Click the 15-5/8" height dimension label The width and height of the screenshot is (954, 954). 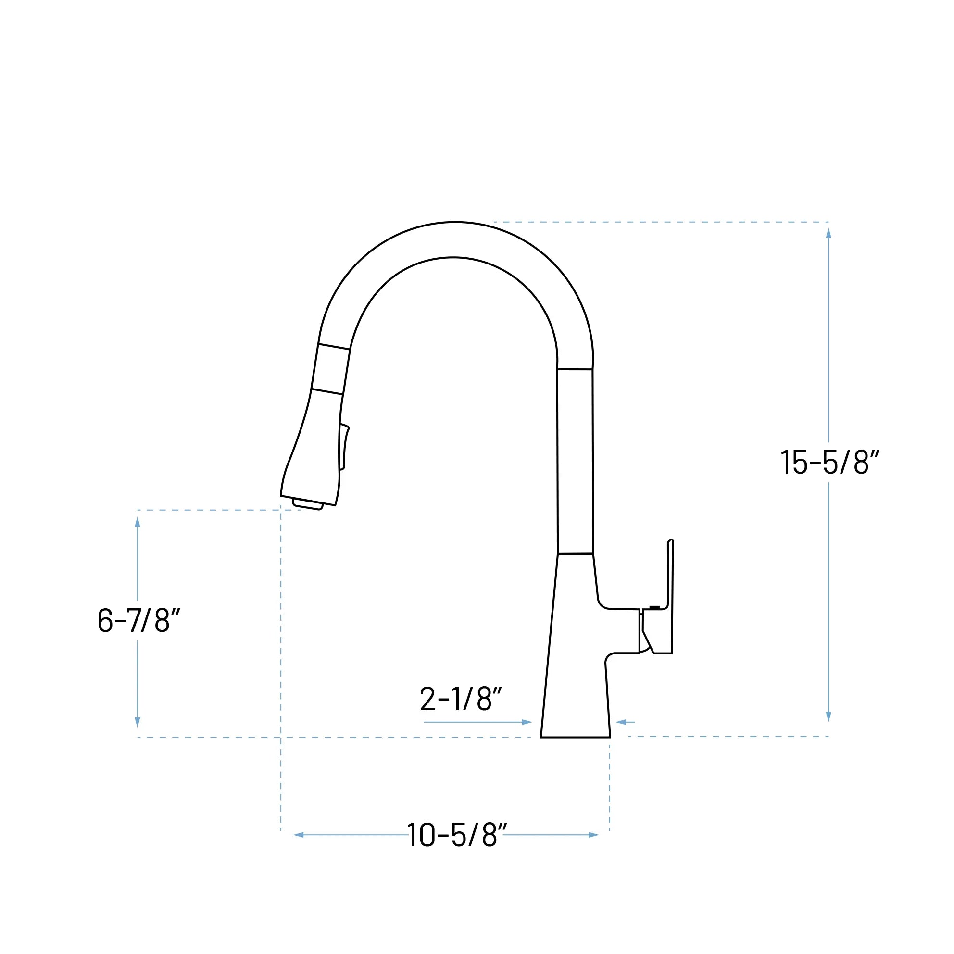[829, 462]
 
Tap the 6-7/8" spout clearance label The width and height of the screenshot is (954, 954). [139, 620]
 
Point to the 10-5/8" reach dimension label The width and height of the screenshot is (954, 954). [457, 835]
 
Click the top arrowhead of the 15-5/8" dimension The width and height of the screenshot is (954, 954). [828, 234]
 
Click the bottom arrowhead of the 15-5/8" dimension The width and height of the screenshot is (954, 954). [828, 716]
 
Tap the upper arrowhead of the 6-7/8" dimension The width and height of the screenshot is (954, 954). [137, 522]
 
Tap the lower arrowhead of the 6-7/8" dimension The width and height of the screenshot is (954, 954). [137, 722]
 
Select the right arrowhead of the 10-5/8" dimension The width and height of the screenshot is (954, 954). [593, 835]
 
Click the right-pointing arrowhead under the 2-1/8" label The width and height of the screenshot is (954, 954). [527, 722]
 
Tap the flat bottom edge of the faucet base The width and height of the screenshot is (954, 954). [575, 737]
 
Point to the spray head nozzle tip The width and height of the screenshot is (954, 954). [308, 505]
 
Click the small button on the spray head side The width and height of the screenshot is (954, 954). [345, 447]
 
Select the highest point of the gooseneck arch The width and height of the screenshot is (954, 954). [455, 223]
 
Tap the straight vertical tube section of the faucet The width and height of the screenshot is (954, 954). [575, 462]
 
